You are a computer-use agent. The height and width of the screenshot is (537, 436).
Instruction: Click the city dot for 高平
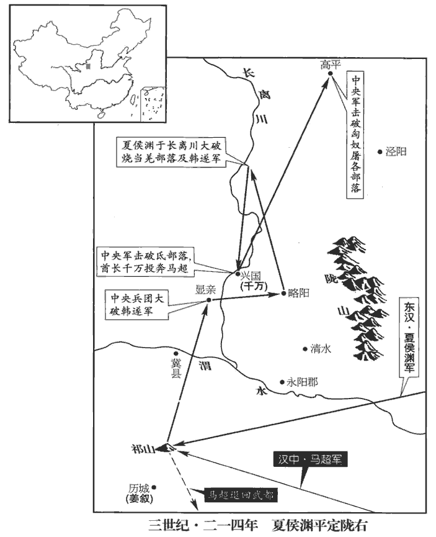coord(331,74)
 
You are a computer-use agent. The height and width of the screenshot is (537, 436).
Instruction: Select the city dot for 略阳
coord(283,292)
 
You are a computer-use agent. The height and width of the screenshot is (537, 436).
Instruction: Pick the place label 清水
coord(321,349)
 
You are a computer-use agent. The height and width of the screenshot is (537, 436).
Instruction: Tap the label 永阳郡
coord(302,382)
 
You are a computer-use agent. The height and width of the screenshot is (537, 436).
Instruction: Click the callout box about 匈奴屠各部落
coord(355,134)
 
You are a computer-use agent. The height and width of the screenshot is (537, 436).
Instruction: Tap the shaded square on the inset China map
coord(89,65)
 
